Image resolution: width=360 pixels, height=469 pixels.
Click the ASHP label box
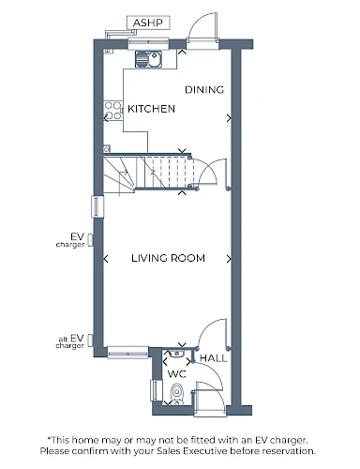[148, 23]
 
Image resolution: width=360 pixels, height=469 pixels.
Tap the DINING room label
[204, 90]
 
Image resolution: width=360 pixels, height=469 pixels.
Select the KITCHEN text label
[151, 109]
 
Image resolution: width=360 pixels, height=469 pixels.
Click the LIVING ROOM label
[168, 258]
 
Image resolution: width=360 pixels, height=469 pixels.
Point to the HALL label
[214, 358]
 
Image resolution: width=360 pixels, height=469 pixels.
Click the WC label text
[177, 373]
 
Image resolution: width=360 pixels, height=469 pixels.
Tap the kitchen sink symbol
[148, 59]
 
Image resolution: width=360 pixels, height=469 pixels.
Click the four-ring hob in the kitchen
[113, 111]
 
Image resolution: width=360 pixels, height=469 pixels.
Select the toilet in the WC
[177, 394]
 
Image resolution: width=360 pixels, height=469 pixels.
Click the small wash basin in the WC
[176, 354]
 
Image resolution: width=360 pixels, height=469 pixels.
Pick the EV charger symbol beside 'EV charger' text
[90, 240]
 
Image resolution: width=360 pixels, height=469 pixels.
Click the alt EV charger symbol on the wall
[90, 340]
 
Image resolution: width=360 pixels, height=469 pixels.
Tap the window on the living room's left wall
[97, 206]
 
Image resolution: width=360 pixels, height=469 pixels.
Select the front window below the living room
[127, 353]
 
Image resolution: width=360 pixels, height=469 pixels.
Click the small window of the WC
[157, 390]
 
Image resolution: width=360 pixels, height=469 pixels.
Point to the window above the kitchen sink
[148, 44]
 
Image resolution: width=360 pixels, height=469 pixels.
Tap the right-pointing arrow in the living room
[229, 259]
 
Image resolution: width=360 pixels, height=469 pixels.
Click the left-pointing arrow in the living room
[106, 259]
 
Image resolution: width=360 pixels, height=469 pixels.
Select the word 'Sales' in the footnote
[169, 451]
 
